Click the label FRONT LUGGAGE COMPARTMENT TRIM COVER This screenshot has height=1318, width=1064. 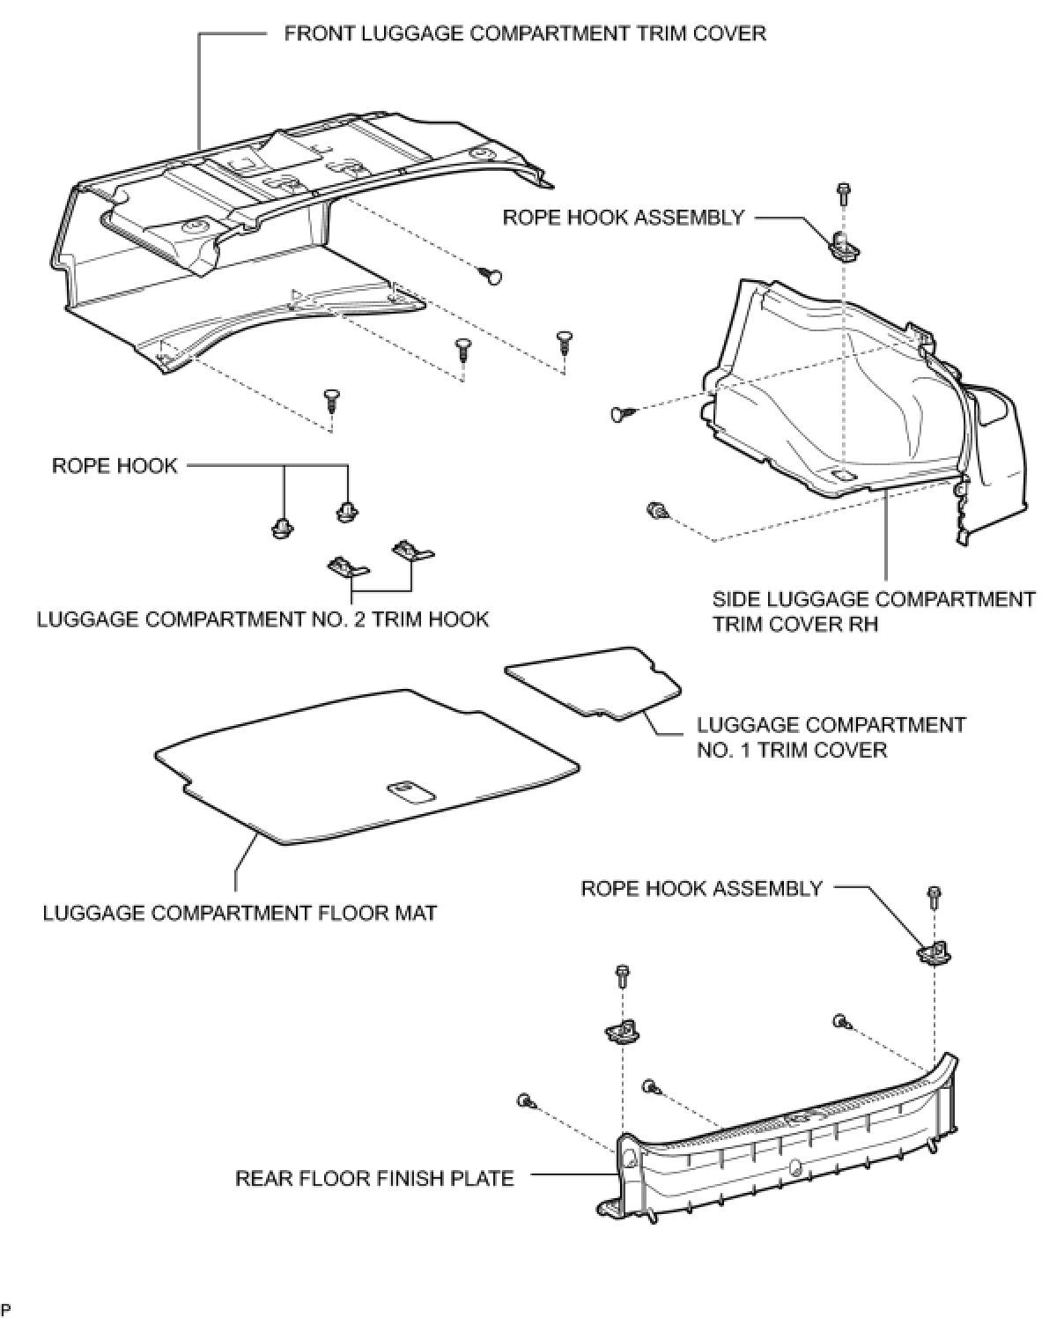click(x=525, y=33)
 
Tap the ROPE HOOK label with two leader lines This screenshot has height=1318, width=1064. click(x=115, y=465)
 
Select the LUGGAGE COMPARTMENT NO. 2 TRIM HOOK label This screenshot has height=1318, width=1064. click(x=262, y=619)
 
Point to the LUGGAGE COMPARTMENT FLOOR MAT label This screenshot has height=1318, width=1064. click(x=240, y=913)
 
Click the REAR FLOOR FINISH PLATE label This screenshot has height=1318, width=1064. click(x=374, y=1178)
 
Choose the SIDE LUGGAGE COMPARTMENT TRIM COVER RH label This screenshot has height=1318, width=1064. click(x=873, y=611)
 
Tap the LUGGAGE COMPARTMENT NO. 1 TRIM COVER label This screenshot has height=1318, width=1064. click(x=831, y=737)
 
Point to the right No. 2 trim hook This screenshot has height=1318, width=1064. click(x=410, y=551)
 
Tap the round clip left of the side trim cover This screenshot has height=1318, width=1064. click(x=621, y=412)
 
